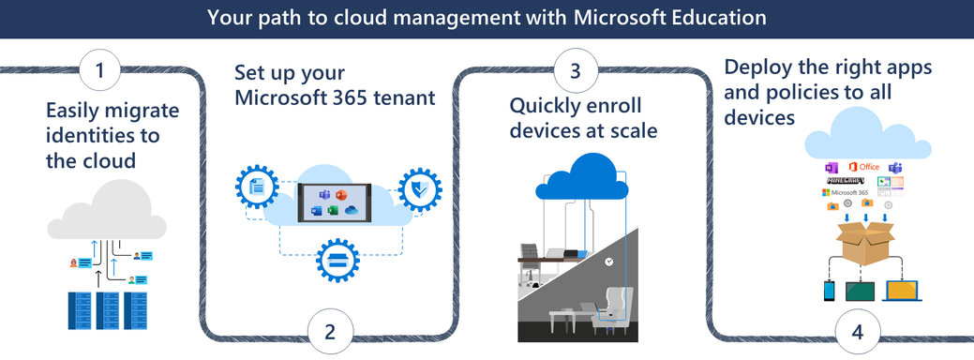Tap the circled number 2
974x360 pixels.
(329, 331)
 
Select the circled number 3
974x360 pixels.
(574, 69)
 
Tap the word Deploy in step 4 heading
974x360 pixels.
(755, 69)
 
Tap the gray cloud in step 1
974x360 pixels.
(105, 211)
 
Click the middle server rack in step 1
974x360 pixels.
(108, 310)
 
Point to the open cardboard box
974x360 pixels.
(864, 242)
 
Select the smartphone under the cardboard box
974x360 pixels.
(830, 291)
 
